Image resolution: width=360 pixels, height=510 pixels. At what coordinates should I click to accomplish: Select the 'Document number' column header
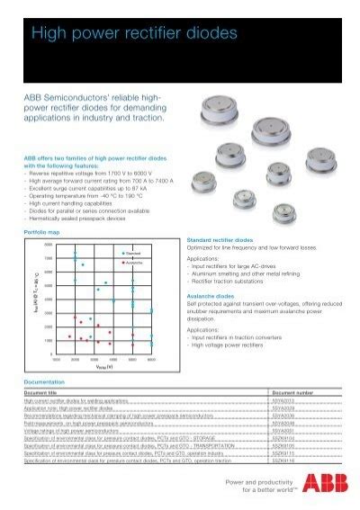coord(293,393)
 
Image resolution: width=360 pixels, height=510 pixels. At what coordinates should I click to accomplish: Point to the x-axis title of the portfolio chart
coord(100,367)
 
